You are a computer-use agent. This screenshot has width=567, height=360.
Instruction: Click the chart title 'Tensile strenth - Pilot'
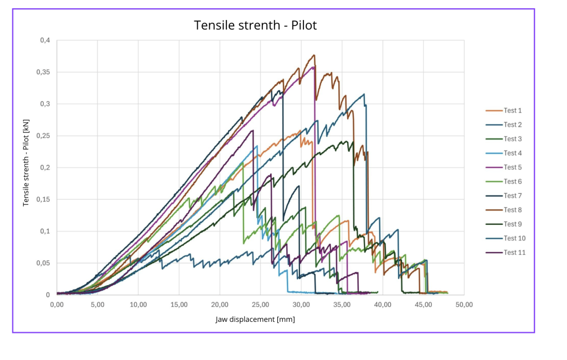coord(255,25)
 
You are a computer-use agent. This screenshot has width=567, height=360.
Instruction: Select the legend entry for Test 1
coord(504,110)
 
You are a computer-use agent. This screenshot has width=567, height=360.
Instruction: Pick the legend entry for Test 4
coord(504,153)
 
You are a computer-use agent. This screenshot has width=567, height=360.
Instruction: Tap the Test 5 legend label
coord(504,167)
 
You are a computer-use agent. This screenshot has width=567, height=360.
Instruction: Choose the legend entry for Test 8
coord(504,210)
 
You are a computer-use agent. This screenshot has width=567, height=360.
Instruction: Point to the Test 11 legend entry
coord(506,253)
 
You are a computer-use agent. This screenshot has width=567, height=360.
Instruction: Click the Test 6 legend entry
coord(504,181)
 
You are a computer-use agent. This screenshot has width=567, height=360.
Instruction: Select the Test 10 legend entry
coord(506,238)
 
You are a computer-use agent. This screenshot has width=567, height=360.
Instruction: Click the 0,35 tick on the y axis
coord(43,72)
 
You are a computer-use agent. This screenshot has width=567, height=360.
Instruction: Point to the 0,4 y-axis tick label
coord(45,40)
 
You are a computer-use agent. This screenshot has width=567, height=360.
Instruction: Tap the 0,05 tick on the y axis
coord(43,263)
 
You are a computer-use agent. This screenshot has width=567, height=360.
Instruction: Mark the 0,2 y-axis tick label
coord(45,167)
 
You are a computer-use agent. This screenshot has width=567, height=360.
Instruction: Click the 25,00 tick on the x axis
coord(260,305)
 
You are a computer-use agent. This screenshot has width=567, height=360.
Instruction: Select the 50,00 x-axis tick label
coord(464,305)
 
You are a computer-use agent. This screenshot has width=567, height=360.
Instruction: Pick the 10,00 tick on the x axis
coord(138,305)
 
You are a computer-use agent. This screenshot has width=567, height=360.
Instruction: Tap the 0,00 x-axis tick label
coord(57,305)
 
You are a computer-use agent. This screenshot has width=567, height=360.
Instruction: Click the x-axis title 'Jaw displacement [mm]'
coord(255,320)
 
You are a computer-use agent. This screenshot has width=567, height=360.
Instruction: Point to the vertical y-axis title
coord(25,163)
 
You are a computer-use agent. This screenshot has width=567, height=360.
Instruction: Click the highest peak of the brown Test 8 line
coord(315,55)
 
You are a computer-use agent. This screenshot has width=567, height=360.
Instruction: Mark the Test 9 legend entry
coord(504,224)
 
